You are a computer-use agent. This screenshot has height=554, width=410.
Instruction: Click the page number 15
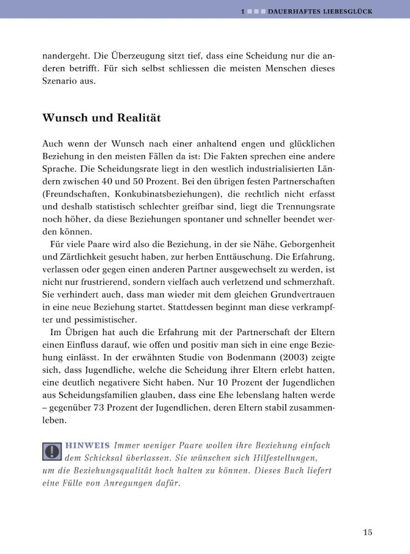point(367,532)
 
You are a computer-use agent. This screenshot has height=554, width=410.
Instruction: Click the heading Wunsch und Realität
point(102,117)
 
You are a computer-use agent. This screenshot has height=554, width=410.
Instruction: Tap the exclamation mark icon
point(52,452)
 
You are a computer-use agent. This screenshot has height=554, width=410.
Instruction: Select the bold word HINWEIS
point(88,446)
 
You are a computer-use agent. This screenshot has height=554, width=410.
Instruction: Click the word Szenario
point(61,81)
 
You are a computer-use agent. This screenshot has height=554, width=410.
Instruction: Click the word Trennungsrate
point(307,207)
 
